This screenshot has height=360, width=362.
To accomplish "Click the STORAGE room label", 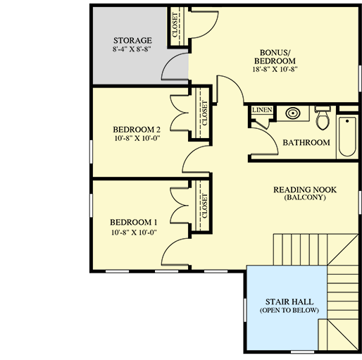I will click(132, 40).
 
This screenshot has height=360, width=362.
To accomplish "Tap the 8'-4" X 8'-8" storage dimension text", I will click(132, 51).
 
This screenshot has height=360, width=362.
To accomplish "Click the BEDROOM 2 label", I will click(137, 130).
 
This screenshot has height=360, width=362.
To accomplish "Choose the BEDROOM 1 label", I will click(132, 221).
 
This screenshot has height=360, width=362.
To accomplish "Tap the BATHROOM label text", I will click(306, 143).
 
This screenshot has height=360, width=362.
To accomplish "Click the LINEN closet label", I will click(261, 110).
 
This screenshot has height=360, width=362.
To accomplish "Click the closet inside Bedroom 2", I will click(204, 112).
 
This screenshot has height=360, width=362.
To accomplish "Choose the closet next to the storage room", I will click(175, 26).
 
